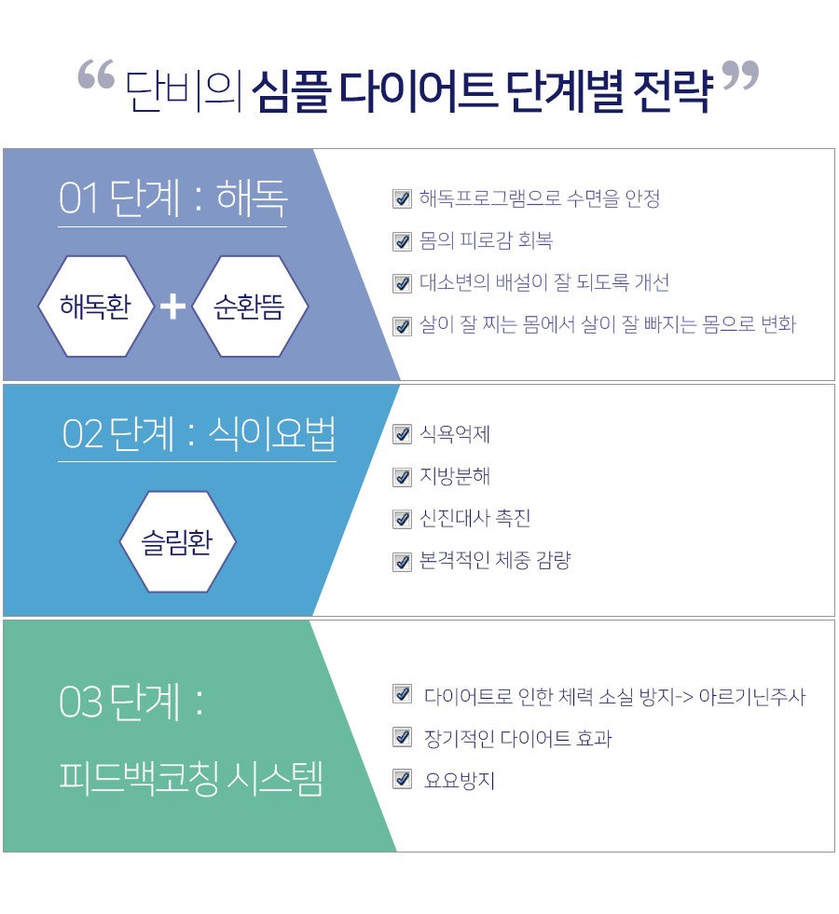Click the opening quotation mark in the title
(96, 74)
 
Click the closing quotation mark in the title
(740, 75)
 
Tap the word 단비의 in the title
(184, 91)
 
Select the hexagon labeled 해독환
(96, 306)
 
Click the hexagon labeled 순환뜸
(250, 306)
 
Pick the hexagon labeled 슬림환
(178, 541)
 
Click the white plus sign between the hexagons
(172, 307)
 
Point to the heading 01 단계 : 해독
(173, 198)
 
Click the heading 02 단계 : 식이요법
(199, 434)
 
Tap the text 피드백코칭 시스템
(191, 778)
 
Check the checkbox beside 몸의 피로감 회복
(403, 241)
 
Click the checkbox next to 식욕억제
(403, 434)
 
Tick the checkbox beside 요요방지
(403, 779)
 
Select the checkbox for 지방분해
(403, 477)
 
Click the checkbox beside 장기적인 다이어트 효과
(403, 737)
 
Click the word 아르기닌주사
(752, 697)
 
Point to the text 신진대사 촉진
(475, 518)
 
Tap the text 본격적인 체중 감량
(495, 560)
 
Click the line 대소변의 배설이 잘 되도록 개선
(544, 282)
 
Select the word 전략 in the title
(673, 91)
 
